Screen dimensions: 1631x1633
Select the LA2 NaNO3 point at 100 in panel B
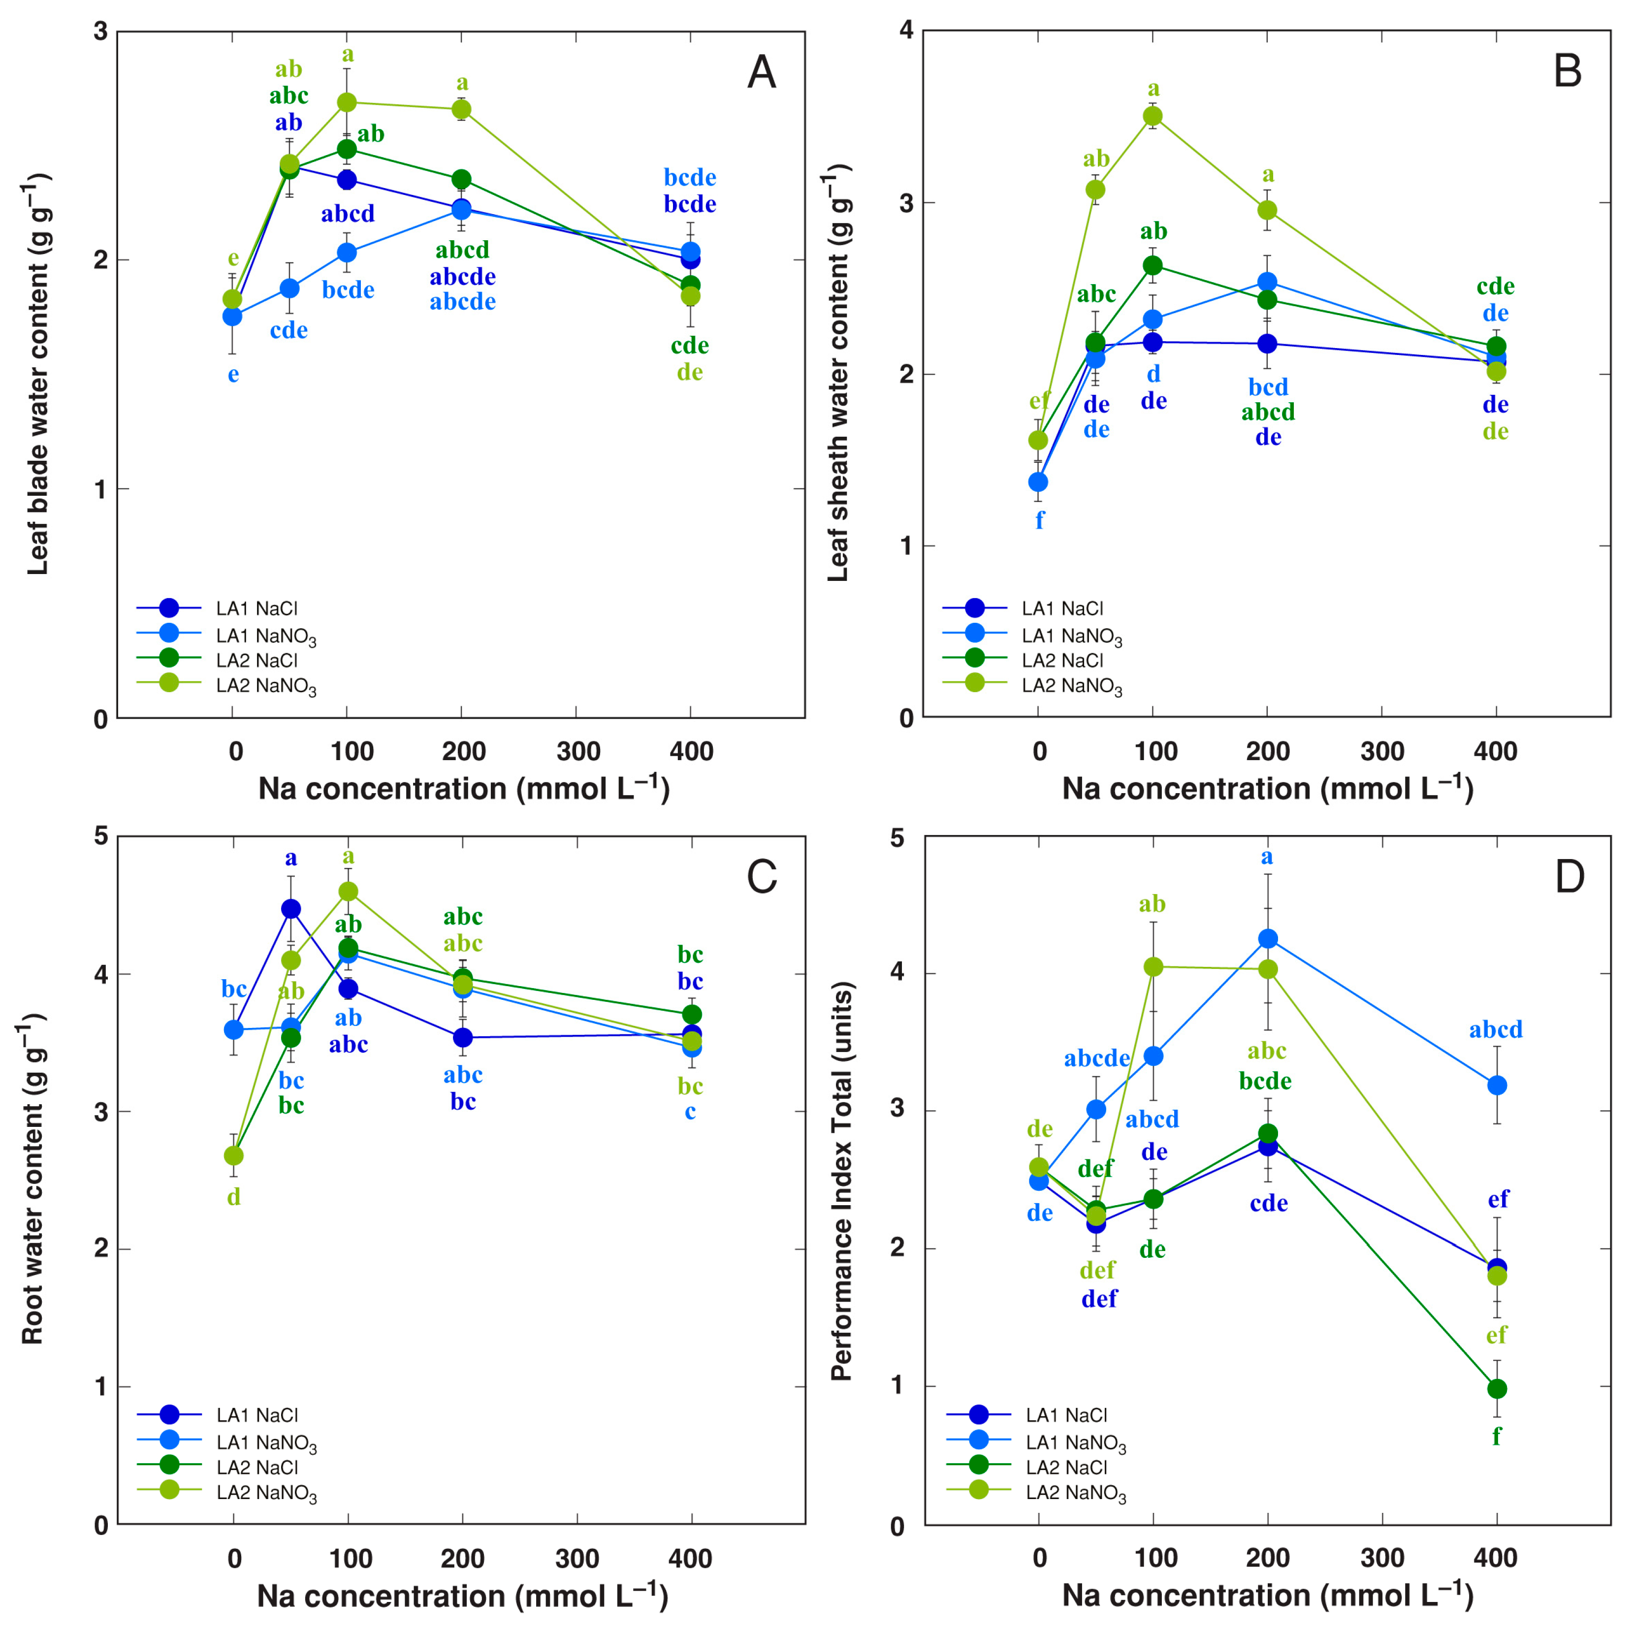point(1153,117)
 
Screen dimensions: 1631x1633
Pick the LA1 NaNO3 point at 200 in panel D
point(1268,939)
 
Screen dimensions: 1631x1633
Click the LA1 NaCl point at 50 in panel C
point(291,909)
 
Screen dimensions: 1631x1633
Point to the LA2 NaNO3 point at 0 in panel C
point(233,1155)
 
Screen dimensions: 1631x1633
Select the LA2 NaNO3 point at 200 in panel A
point(461,110)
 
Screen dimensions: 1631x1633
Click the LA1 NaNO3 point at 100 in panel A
point(347,253)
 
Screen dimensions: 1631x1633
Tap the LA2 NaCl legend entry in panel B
point(1061,660)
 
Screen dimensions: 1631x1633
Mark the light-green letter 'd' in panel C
point(233,1197)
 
